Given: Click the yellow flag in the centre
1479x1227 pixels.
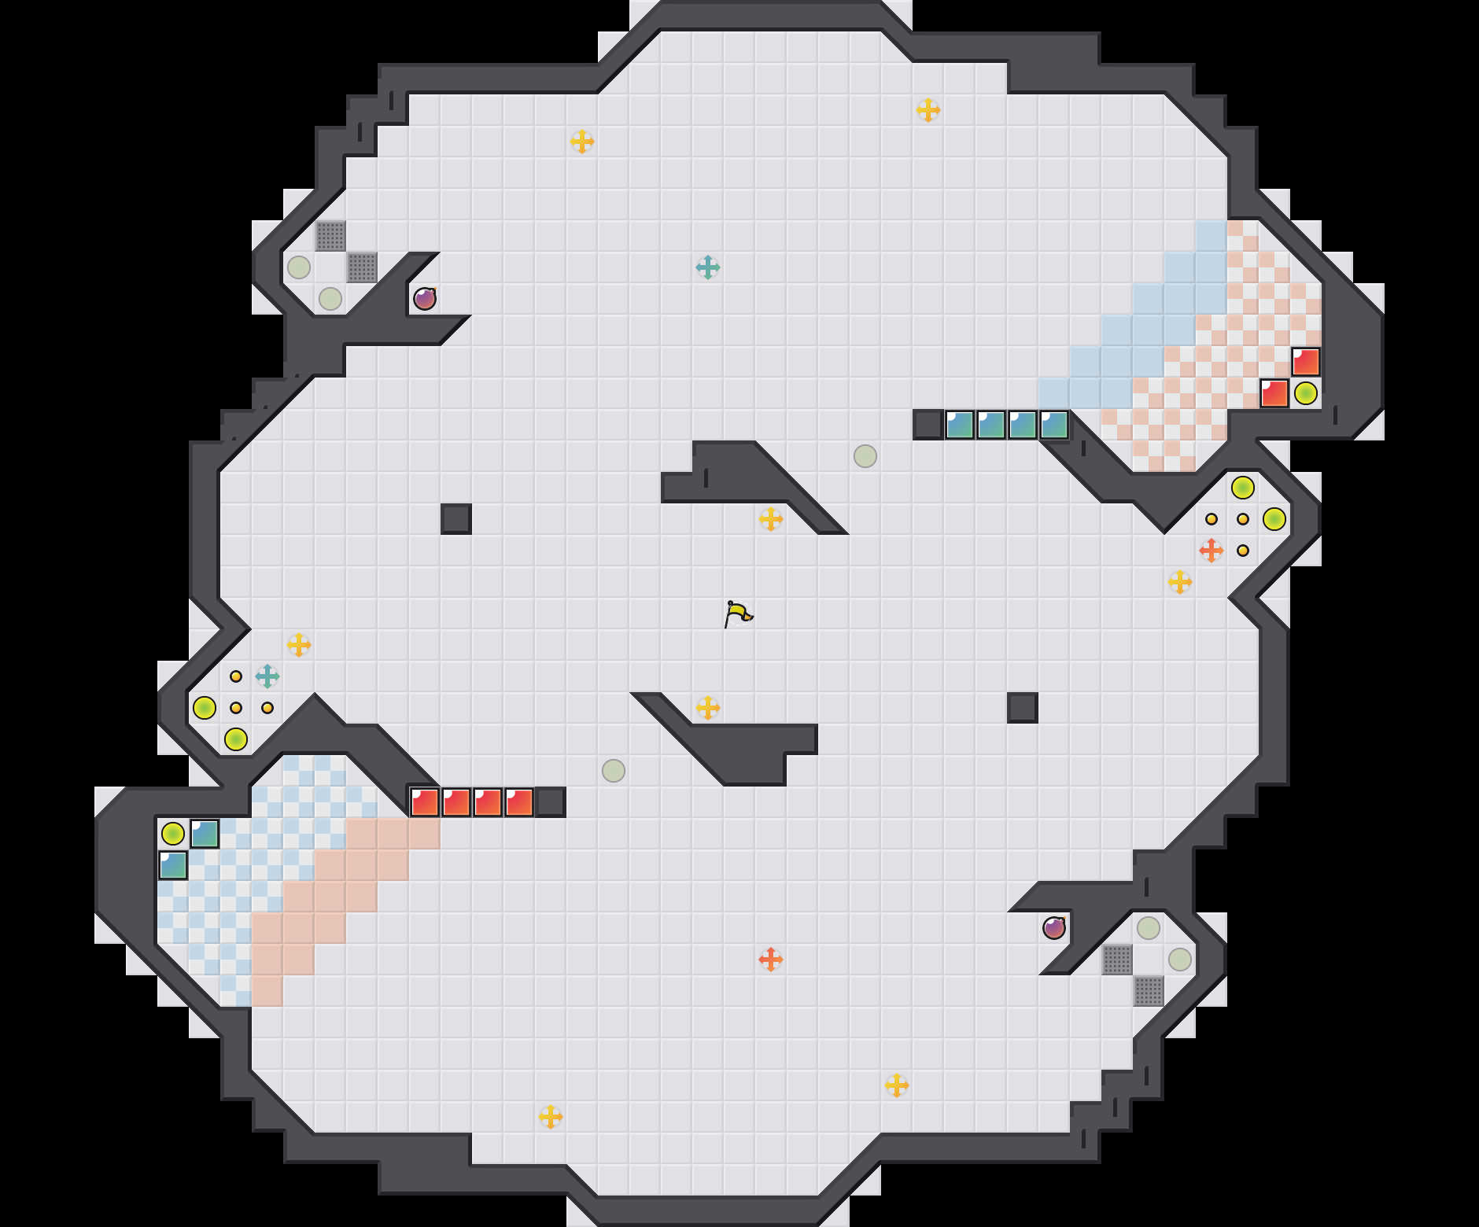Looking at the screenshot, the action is coord(737,613).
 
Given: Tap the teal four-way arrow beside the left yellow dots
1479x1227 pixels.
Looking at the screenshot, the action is coord(267,676).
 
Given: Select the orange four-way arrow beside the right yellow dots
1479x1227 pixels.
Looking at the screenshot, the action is coord(1212,551).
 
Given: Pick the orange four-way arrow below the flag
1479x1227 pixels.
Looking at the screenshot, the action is coord(771,960).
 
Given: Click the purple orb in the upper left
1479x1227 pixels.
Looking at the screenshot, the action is coord(425,299).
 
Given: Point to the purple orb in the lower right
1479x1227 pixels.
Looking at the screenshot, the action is coord(1054,928).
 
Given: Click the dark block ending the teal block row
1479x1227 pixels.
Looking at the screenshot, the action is coord(928,425).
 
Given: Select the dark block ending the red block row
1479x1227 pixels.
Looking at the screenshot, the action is coord(551,802).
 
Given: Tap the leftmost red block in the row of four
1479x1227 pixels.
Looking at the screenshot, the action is coord(425,802).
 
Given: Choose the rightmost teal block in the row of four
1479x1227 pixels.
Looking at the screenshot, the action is coord(1054,425).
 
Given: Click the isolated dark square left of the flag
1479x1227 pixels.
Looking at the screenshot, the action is coord(456,519).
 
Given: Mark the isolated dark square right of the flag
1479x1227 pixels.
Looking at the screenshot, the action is coord(1023,708).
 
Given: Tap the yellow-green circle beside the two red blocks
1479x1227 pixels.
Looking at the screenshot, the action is coord(1306,393).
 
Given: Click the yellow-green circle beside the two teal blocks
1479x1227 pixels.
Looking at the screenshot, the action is coord(173,834).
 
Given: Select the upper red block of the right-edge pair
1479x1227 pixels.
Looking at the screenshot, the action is coord(1306,362).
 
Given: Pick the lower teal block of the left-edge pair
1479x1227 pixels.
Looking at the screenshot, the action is coord(173,865).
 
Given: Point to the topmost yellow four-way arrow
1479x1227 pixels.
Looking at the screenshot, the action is coord(928,110).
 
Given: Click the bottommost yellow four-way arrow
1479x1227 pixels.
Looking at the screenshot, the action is coord(551,1117).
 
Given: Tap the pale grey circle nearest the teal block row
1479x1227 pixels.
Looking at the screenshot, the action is coord(865,456).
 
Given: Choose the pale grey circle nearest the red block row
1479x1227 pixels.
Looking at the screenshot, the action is coord(614,771).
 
